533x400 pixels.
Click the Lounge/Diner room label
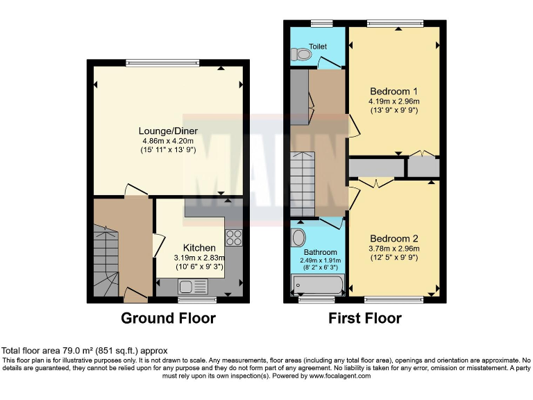(x=168, y=131)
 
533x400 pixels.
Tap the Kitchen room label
(x=199, y=248)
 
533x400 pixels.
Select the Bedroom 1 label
(x=394, y=91)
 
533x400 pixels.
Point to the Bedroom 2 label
(x=394, y=238)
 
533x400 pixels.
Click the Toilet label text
(x=318, y=47)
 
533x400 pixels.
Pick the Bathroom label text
(x=321, y=252)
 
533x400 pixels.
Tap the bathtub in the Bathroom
(x=318, y=285)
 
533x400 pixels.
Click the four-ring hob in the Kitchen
(x=233, y=237)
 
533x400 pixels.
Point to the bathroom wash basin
(x=299, y=237)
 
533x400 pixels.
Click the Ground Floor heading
(x=168, y=319)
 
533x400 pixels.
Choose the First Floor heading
(x=365, y=319)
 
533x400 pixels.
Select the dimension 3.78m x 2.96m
(x=394, y=248)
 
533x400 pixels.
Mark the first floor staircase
(x=303, y=184)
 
